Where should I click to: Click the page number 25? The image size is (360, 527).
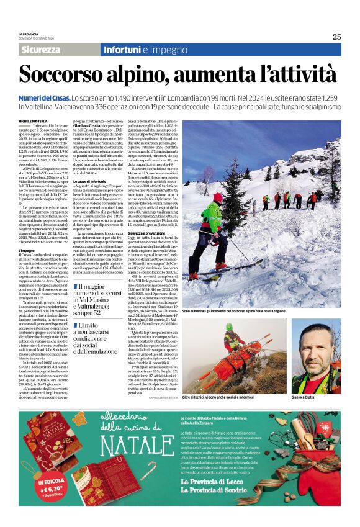pos(336,37)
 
